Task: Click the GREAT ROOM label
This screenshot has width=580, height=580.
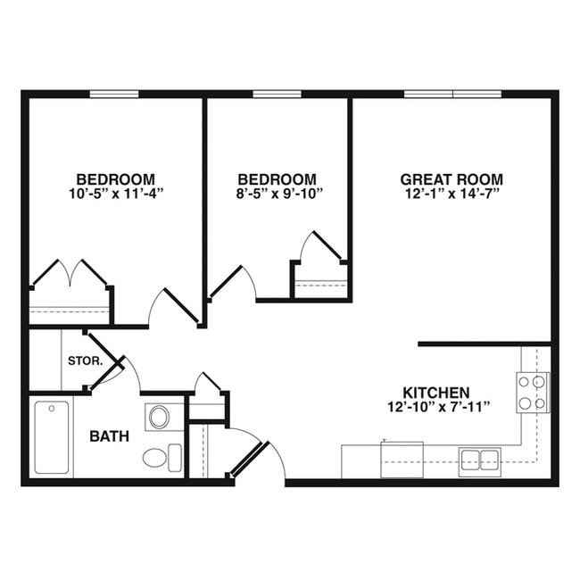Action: (x=451, y=178)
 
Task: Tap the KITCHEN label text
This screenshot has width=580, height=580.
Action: (x=435, y=393)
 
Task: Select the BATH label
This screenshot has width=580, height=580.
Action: (x=109, y=436)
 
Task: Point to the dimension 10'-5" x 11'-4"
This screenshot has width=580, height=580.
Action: (x=115, y=192)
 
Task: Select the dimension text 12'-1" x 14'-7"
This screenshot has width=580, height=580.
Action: (x=451, y=192)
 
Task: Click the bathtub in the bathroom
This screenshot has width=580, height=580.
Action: (x=52, y=437)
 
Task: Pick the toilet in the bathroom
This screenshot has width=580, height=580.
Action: (x=157, y=459)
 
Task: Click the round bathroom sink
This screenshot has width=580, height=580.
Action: (x=159, y=417)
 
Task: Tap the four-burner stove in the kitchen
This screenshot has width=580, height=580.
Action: (x=532, y=393)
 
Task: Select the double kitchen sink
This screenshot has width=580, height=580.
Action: (x=479, y=460)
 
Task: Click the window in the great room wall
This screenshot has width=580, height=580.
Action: (x=453, y=94)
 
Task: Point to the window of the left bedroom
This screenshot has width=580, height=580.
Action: (x=114, y=94)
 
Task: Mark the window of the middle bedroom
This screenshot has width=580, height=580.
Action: (x=277, y=94)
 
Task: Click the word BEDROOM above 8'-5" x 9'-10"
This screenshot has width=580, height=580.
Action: (x=277, y=178)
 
